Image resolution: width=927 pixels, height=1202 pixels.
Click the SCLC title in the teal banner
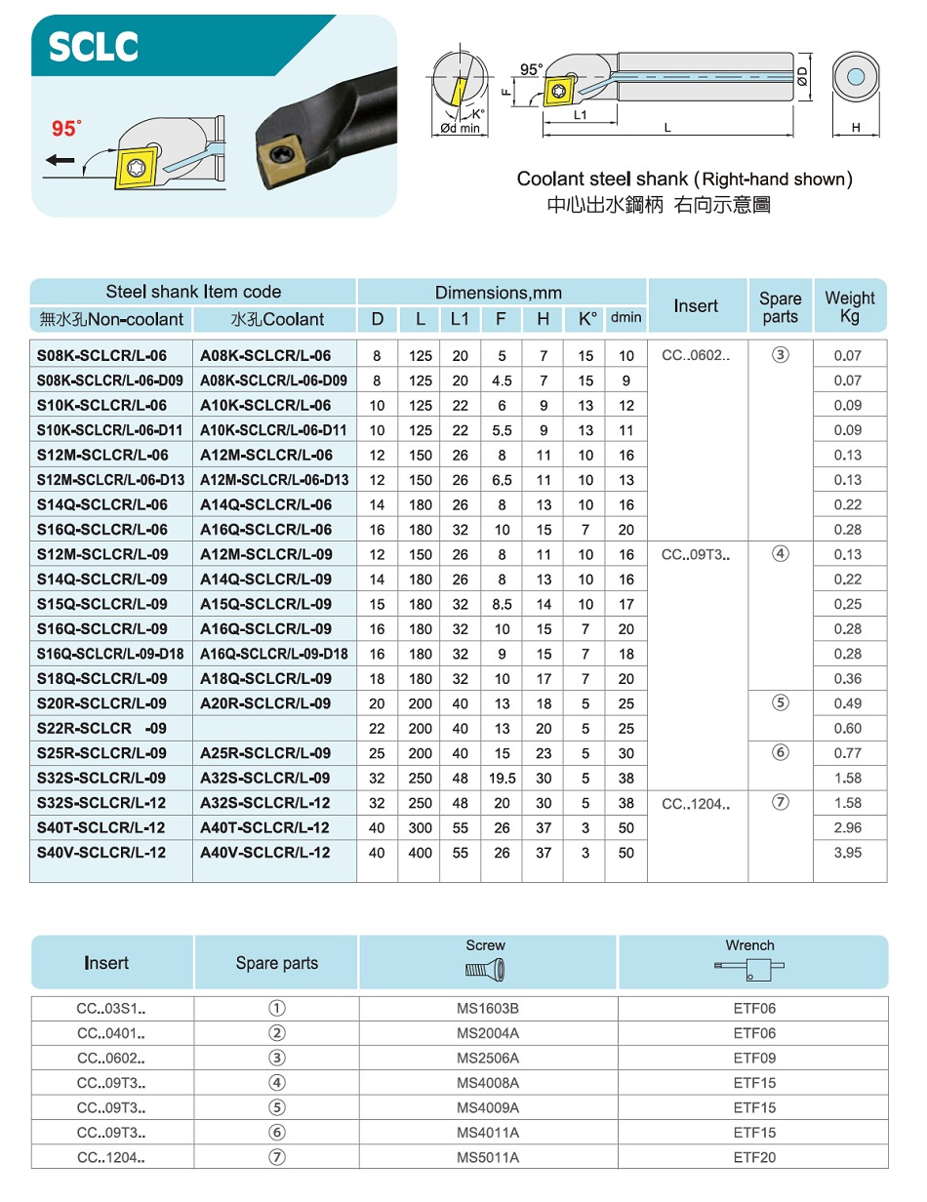click(94, 47)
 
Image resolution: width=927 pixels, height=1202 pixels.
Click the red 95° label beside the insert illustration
click(66, 129)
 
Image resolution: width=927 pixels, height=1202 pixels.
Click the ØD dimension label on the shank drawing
click(801, 76)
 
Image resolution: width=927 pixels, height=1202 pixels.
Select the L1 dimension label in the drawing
click(581, 115)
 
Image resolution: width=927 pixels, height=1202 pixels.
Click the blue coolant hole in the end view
click(856, 77)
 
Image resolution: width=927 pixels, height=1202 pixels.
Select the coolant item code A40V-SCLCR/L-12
click(264, 852)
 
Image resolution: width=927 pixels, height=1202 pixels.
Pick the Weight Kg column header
click(850, 306)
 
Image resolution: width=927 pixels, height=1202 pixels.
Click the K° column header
click(586, 319)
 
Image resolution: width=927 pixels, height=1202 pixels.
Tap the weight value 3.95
click(848, 853)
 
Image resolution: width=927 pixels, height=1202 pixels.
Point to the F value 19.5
click(502, 778)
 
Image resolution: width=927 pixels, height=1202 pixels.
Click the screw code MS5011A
click(488, 1157)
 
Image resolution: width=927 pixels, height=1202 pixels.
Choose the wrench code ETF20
click(754, 1157)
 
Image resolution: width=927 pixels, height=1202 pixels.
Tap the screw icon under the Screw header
click(485, 970)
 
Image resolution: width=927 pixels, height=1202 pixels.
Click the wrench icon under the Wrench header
click(749, 970)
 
